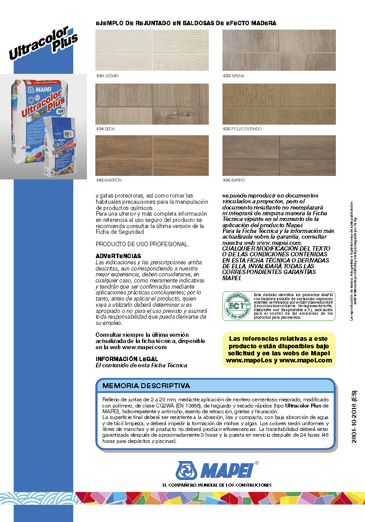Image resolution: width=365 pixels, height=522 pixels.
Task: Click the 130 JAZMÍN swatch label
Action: tap(107, 76)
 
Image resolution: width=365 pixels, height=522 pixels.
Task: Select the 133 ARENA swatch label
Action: tap(233, 76)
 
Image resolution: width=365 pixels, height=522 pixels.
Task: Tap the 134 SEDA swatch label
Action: tap(106, 129)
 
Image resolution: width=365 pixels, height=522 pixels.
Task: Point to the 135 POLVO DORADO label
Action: tap(242, 129)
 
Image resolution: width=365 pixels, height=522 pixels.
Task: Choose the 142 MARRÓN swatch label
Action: tap(109, 180)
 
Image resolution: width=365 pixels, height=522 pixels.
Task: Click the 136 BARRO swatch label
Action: tap(233, 180)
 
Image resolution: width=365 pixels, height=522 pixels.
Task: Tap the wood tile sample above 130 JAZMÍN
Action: tap(152, 50)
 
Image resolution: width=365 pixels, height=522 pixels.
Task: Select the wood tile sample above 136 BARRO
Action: tap(279, 155)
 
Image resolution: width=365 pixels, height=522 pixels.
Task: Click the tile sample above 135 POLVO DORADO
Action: tap(279, 104)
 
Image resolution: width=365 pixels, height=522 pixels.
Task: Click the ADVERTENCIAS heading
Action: tap(118, 256)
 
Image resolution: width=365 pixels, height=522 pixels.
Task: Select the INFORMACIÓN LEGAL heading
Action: tap(127, 359)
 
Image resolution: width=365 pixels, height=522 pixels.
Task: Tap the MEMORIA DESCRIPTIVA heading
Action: tap(146, 386)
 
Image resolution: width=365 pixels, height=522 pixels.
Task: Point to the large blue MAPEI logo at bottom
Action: tap(217, 471)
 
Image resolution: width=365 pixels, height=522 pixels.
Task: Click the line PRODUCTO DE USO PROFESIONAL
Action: tap(142, 244)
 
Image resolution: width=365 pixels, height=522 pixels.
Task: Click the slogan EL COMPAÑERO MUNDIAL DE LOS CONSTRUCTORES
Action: tap(217, 485)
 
